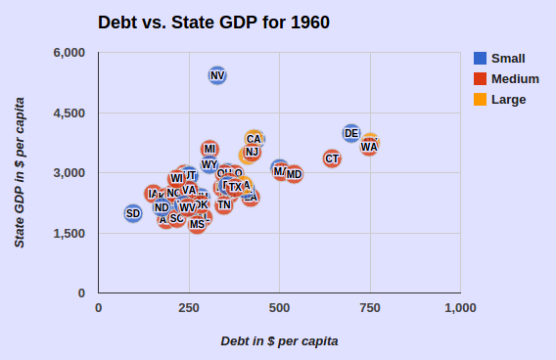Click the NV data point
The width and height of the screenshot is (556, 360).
click(217, 75)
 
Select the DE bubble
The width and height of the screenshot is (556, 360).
click(351, 133)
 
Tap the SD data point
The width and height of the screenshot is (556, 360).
click(133, 213)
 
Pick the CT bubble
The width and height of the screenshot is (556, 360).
click(332, 158)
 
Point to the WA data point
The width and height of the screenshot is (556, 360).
click(369, 147)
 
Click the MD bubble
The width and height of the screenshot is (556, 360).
click(294, 174)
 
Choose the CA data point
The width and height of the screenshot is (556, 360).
click(255, 139)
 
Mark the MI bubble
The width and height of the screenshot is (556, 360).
click(209, 149)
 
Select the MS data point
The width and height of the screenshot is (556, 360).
click(198, 224)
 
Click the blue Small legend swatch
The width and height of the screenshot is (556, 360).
click(481, 58)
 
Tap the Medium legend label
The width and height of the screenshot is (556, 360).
click(515, 78)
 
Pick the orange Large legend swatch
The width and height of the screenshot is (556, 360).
click(481, 99)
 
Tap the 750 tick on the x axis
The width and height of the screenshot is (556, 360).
click(369, 307)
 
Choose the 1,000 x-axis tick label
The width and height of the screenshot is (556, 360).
click(460, 307)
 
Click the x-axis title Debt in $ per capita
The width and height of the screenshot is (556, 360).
click(279, 340)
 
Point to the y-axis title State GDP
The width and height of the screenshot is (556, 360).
click(20, 172)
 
